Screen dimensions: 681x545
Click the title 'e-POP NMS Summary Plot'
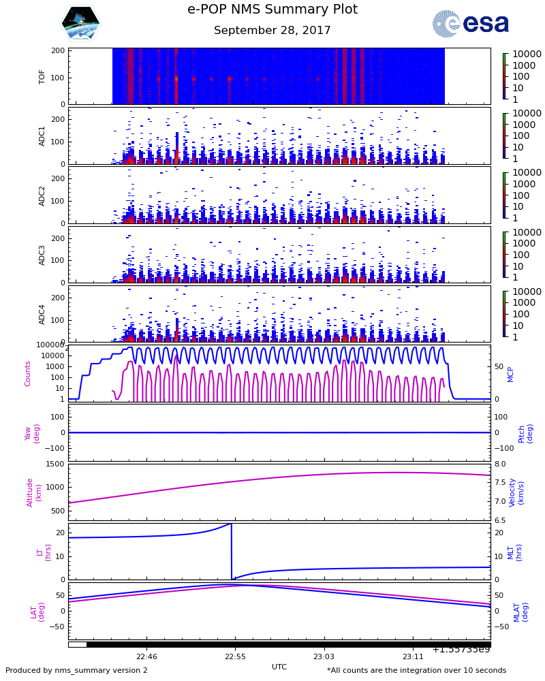(x=272, y=10)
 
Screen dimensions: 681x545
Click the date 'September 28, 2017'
(x=272, y=31)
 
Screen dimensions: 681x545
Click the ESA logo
(x=471, y=24)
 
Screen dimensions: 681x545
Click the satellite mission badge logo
(x=80, y=24)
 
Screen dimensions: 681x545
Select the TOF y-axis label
(x=42, y=76)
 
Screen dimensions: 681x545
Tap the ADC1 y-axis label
(x=42, y=136)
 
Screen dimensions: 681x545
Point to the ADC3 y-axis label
(x=42, y=254)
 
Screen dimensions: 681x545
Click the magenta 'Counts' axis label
(x=28, y=374)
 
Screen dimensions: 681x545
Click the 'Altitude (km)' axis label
(x=33, y=492)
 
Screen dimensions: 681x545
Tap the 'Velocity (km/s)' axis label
(x=517, y=492)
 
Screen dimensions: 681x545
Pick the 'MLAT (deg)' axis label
(x=520, y=611)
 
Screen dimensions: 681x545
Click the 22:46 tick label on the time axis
(x=146, y=657)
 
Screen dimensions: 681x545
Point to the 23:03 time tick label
(x=324, y=657)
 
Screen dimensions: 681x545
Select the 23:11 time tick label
(x=412, y=657)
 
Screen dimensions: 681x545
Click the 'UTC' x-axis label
(x=279, y=667)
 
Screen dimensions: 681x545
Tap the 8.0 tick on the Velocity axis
(x=500, y=464)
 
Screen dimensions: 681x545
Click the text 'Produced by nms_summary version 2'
(x=76, y=671)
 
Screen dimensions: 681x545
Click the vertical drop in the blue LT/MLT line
(x=232, y=552)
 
